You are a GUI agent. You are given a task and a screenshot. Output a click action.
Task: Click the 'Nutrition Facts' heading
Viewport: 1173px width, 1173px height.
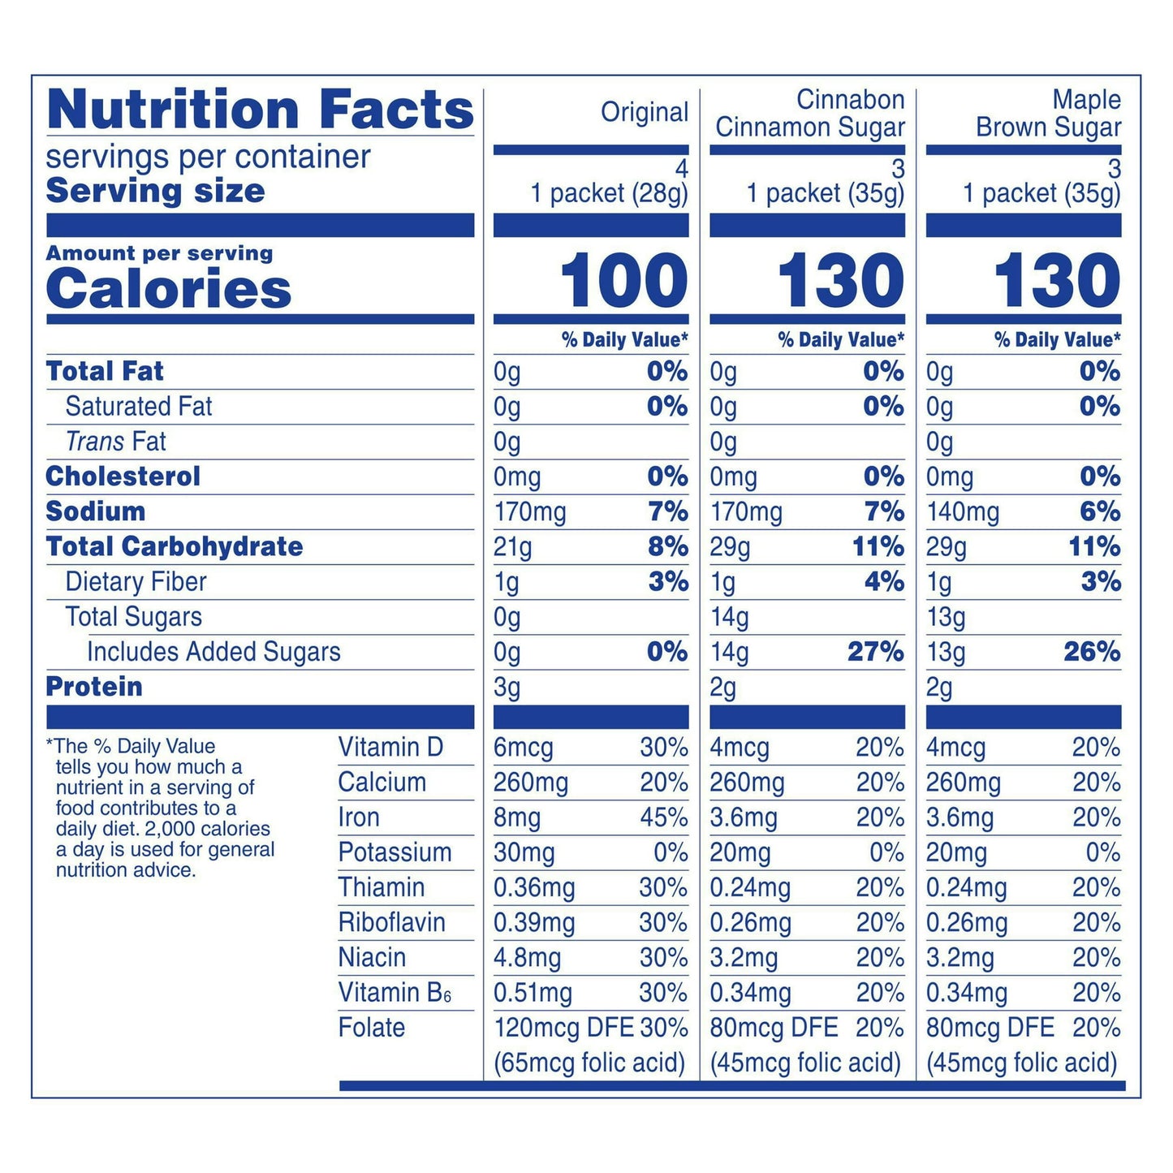(260, 110)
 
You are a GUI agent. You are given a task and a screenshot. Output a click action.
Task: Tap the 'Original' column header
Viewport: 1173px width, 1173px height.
(645, 113)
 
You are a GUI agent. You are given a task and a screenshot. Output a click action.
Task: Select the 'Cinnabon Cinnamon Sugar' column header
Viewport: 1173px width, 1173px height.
(809, 114)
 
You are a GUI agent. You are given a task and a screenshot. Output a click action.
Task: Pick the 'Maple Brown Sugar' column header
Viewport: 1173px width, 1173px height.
(1048, 114)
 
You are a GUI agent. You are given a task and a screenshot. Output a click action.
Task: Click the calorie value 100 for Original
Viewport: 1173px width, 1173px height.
(623, 281)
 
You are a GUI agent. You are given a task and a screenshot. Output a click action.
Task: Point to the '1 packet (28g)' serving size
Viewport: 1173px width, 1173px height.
(609, 193)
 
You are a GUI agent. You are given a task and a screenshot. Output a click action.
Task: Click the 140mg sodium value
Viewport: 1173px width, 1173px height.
(963, 512)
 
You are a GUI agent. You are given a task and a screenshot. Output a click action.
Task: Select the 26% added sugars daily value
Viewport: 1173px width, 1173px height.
(1092, 652)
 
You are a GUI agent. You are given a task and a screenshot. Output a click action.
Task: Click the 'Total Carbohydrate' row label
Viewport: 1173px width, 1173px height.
(175, 546)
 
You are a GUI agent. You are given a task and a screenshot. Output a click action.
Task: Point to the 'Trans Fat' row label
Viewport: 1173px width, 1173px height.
(116, 442)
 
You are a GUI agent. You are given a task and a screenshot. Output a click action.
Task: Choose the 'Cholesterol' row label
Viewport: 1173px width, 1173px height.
(123, 477)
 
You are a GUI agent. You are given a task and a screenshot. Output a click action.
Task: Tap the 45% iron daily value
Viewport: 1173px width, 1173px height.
(663, 817)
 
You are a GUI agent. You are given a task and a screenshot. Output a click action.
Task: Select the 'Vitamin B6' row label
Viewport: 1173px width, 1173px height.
(395, 993)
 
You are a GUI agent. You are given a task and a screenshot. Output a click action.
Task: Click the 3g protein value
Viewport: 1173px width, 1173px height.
(507, 688)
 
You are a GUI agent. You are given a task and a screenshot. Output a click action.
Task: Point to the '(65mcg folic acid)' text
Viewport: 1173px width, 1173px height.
(589, 1063)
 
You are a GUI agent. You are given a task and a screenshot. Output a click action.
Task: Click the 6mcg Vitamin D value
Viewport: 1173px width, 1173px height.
(524, 748)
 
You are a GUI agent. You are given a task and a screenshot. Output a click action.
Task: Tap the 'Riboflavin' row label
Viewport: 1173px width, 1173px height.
(392, 923)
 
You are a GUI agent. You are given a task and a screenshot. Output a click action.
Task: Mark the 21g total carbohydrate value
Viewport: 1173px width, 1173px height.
(512, 547)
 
